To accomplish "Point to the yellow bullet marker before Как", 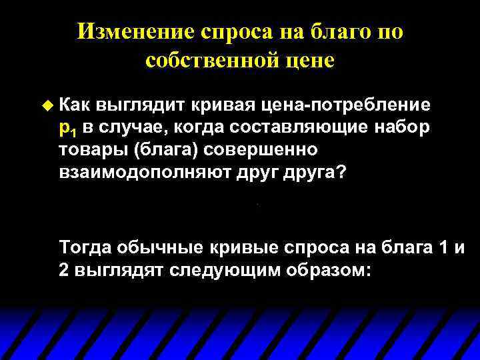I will click(x=46, y=105).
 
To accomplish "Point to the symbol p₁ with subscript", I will click(x=67, y=128).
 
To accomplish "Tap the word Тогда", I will click(x=85, y=249).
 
